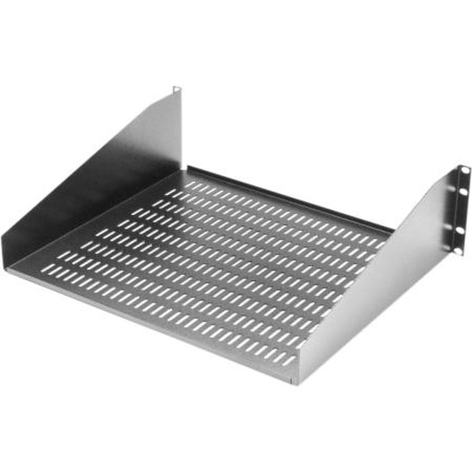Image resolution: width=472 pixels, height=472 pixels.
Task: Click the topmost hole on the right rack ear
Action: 464,169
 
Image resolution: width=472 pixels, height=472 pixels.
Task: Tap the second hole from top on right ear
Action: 463,191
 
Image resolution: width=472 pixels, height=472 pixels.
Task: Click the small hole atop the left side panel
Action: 176,88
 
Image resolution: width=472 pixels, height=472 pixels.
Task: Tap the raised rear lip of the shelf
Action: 288,198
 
